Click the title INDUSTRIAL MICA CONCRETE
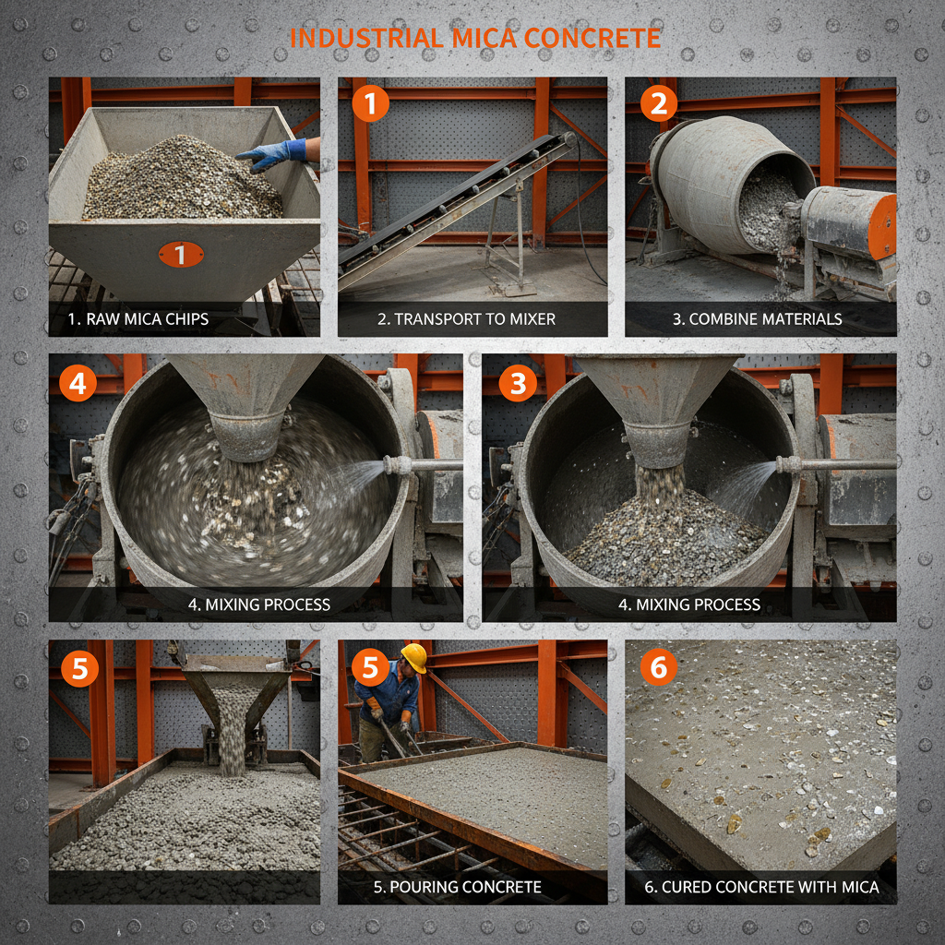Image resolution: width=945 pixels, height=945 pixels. pyautogui.click(x=474, y=38)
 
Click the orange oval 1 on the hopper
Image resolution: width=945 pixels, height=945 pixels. pyautogui.click(x=181, y=254)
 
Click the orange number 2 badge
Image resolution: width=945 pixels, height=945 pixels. pyautogui.click(x=658, y=104)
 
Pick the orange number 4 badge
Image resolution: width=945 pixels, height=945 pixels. pyautogui.click(x=78, y=383)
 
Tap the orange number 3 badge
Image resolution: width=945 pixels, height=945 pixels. pyautogui.click(x=517, y=383)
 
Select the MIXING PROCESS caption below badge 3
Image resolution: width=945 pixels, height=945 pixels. pyautogui.click(x=688, y=604)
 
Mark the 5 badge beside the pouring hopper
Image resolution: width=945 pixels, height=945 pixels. pyautogui.click(x=79, y=669)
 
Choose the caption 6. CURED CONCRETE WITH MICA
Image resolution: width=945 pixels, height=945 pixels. pyautogui.click(x=762, y=888)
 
